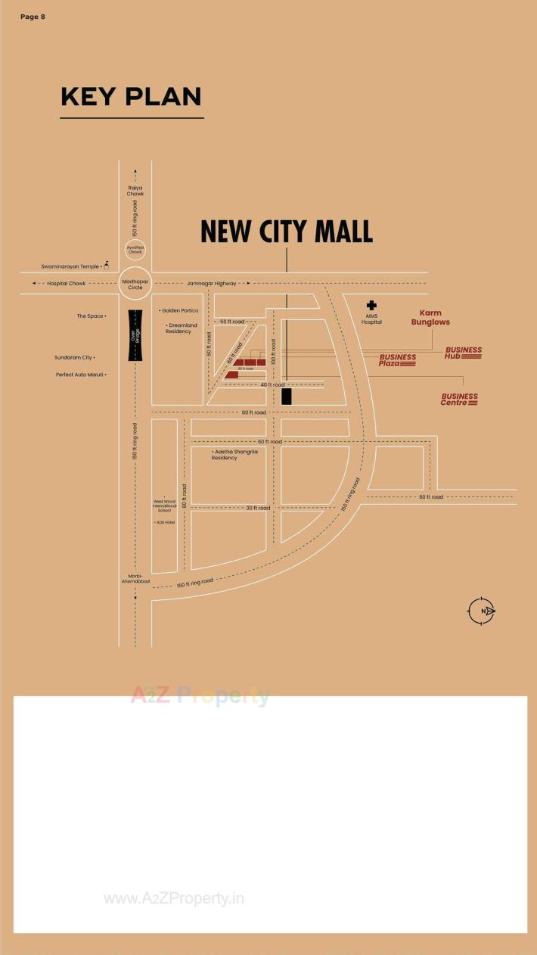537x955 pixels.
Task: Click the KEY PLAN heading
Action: point(131,97)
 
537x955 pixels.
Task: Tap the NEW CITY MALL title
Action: point(287,232)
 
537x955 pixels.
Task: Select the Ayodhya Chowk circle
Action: point(135,249)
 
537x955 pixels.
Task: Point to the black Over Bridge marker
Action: point(135,335)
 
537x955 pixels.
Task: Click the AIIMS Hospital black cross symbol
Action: point(371,305)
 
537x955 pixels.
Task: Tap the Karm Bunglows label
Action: point(430,318)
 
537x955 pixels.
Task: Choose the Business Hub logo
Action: point(463,353)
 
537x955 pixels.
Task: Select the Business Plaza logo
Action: point(398,360)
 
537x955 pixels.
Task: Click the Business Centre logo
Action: point(460,399)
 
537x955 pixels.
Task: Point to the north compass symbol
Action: point(481,611)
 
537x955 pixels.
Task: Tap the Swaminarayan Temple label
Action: point(70,266)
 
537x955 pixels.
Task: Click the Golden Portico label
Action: point(179,310)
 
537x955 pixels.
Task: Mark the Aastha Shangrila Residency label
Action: point(234,454)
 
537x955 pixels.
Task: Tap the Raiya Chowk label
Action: point(135,191)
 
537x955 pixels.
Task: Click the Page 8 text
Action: point(33,17)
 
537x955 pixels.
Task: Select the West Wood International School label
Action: point(165,504)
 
